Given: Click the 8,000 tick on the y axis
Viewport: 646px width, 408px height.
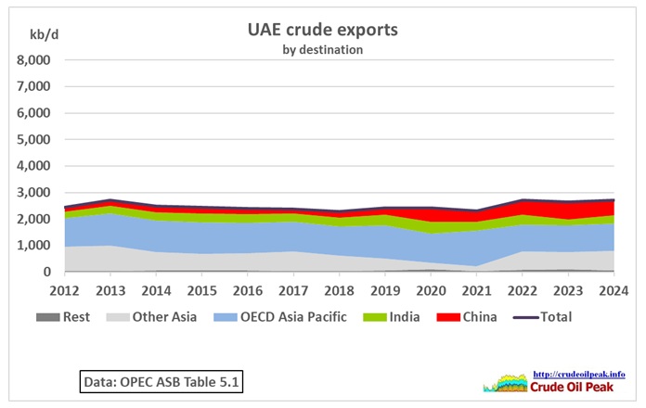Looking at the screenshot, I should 34,60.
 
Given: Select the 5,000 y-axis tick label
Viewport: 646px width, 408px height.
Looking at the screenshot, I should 34,140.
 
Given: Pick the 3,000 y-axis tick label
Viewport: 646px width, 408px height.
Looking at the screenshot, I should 34,193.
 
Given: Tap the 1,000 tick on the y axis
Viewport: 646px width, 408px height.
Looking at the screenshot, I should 34,246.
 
